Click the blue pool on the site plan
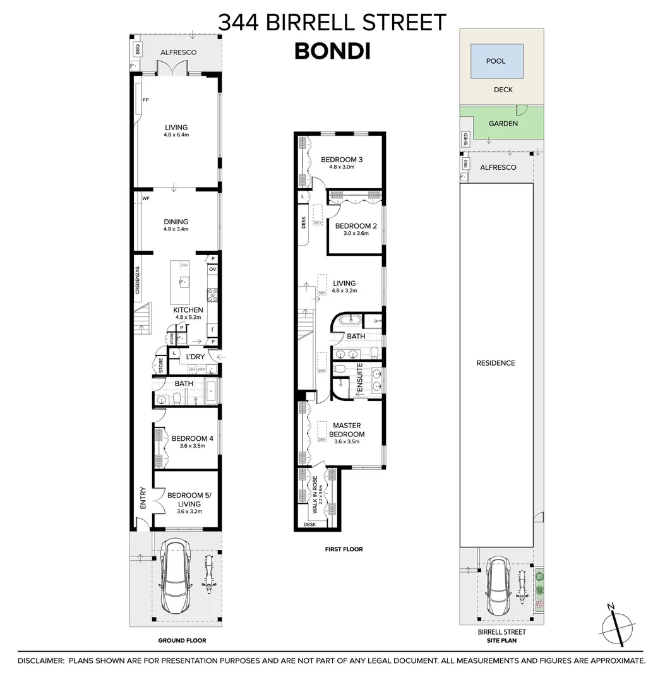pos(496,61)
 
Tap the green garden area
pos(503,124)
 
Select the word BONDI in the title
pos(332,51)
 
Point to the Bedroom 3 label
pos(342,159)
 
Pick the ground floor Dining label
pos(176,222)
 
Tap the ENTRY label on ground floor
pos(142,498)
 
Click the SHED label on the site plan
pos(465,139)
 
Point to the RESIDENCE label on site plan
pos(496,363)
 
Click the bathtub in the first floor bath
pos(349,321)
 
